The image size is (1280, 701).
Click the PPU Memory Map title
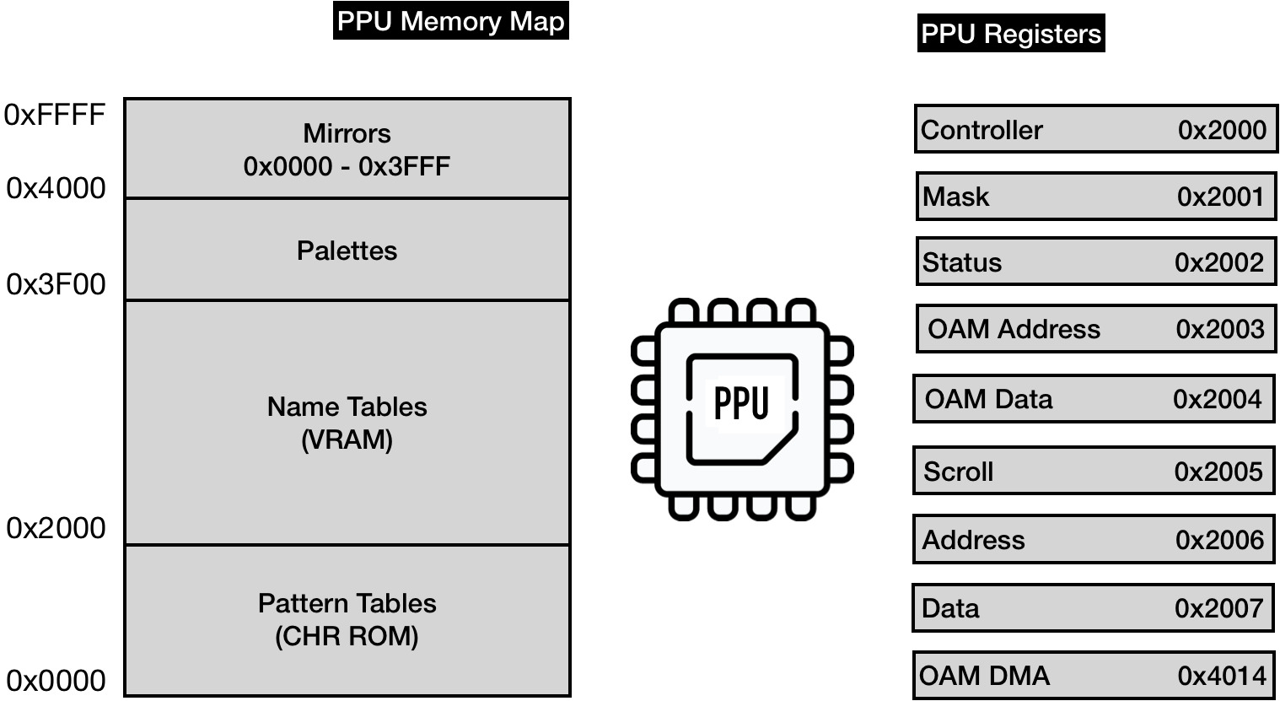pos(450,21)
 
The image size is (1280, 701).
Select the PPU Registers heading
pos(1010,34)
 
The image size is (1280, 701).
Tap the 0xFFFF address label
pos(55,115)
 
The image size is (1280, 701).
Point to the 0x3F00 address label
pos(56,285)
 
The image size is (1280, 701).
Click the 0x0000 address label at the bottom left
pos(56,680)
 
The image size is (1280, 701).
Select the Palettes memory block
pos(347,250)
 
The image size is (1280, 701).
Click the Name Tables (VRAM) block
pos(347,423)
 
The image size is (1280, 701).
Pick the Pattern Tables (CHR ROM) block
pos(347,620)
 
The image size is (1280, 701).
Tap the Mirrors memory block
pos(347,149)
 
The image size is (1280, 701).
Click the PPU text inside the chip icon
pos(741,403)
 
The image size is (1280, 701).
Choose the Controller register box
pos(1094,130)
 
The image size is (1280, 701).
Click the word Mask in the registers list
pos(955,197)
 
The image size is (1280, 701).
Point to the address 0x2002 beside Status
pos(1219,262)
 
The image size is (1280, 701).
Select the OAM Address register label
pos(1014,329)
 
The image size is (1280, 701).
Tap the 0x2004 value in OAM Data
pos(1217,399)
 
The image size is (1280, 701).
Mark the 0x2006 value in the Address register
pos(1219,540)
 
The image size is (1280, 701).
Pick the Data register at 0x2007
pos(1093,608)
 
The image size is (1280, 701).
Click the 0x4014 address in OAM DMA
pos(1221,676)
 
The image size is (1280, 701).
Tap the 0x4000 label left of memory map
pos(56,188)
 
